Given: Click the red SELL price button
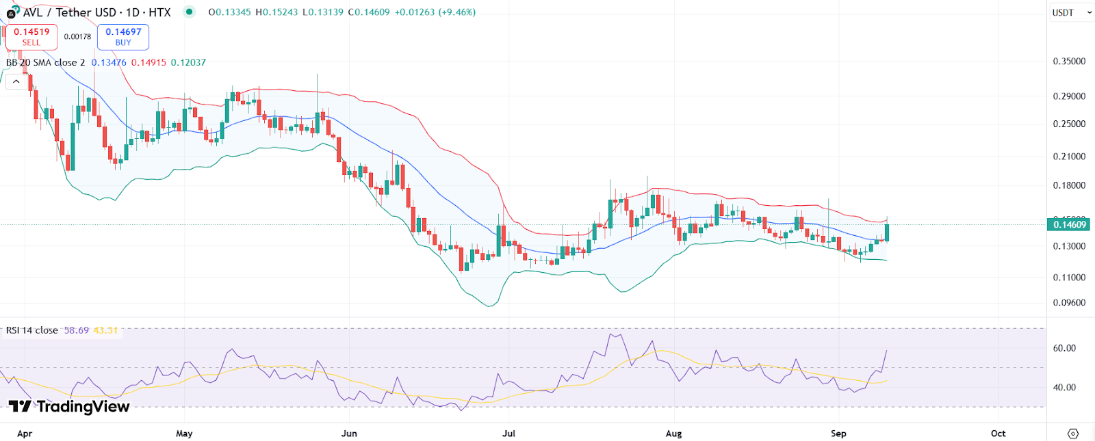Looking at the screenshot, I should tap(31, 37).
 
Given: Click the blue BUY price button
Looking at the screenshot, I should tap(123, 37).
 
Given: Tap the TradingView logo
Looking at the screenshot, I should tap(69, 407).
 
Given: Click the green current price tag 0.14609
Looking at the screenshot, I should tap(1069, 225).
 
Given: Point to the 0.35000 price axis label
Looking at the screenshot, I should tap(1069, 62).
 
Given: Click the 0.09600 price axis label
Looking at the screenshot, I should tap(1069, 303).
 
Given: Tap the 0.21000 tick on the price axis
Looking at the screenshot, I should tap(1069, 157).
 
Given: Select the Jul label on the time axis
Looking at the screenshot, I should tap(508, 433).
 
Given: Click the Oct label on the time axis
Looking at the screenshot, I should tap(998, 433).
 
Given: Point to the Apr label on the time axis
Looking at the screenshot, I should tap(25, 433).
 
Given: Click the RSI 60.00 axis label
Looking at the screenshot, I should tap(1064, 348).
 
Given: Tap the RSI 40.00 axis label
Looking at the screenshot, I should tap(1064, 388).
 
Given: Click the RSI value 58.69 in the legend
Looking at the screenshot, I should tap(77, 330).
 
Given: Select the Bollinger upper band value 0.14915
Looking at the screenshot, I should tap(149, 62).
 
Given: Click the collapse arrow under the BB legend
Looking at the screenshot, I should tap(16, 81).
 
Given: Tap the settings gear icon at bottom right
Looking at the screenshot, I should tap(1072, 433).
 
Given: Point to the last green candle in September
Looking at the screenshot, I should tap(887, 232).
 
